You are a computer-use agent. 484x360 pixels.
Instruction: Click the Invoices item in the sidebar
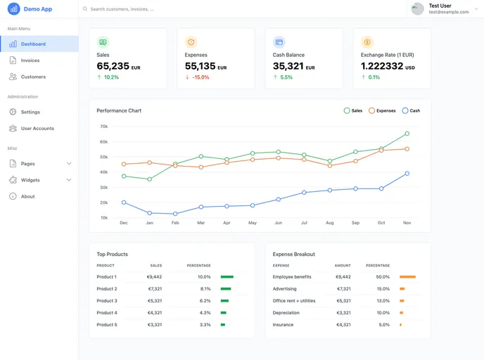pos(30,60)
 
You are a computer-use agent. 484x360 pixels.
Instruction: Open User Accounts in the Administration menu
pos(37,129)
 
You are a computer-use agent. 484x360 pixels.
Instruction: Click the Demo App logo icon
pos(13,9)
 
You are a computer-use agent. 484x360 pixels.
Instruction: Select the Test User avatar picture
pos(418,8)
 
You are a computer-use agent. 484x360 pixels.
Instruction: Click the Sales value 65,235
pos(113,66)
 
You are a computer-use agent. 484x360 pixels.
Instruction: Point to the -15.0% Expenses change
pos(200,77)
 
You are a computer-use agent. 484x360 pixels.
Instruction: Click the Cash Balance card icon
pos(279,42)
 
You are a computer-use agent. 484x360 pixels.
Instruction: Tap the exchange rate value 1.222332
pos(382,66)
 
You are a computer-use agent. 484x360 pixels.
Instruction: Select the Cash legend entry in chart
pos(411,110)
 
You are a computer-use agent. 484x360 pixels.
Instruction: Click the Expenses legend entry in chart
pos(382,110)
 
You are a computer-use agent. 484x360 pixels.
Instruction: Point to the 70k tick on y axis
pos(103,127)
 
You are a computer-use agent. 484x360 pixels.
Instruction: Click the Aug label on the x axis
pos(330,223)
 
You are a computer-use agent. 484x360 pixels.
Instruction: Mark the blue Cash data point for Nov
pos(407,174)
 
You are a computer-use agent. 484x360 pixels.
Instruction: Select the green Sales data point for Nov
pos(407,134)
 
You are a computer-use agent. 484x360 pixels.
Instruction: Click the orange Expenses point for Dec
pos(124,164)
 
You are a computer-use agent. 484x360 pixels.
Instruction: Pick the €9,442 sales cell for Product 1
pos(154,277)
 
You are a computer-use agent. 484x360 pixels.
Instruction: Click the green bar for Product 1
pos(227,277)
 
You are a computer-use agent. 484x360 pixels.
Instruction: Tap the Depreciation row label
pos(286,313)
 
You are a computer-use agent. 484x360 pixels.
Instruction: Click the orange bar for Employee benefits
pos(407,277)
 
